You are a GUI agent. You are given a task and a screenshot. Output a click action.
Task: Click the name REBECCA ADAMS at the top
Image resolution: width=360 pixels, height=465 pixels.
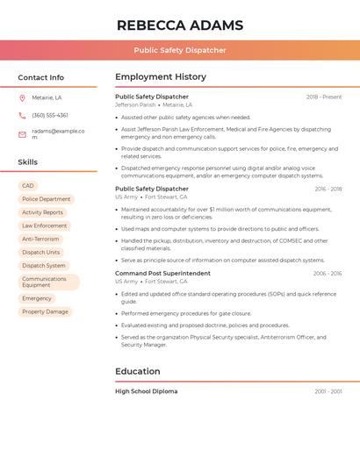[x=180, y=25]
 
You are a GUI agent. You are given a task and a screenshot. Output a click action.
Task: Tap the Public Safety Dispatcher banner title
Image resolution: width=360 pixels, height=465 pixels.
[x=180, y=50]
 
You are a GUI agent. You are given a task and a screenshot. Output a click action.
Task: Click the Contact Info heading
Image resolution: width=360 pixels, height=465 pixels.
[x=40, y=77]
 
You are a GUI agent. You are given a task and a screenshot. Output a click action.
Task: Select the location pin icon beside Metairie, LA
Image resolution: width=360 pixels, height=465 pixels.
[x=22, y=98]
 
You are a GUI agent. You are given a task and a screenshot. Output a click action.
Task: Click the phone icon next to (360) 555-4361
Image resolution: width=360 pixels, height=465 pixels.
[x=22, y=115]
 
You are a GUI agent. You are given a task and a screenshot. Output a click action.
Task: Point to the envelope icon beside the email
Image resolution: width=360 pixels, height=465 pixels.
[x=22, y=133]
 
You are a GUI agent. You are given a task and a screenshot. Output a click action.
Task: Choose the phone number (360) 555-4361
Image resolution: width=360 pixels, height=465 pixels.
[x=50, y=115]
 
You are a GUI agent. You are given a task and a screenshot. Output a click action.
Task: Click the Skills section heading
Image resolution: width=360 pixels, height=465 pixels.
[x=28, y=162]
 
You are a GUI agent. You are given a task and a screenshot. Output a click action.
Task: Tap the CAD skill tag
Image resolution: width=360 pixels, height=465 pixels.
[x=28, y=186]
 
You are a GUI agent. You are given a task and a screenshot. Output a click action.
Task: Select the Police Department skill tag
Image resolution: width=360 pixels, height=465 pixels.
[x=46, y=199]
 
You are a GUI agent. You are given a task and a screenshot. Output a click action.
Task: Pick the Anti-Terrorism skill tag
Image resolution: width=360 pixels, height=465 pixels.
[x=40, y=239]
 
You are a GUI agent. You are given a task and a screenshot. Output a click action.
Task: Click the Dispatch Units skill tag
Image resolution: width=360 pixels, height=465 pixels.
[x=41, y=252]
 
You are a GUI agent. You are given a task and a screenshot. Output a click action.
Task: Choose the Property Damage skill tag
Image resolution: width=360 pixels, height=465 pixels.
[x=45, y=311]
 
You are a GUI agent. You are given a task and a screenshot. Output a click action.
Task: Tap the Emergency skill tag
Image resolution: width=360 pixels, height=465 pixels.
[x=37, y=298]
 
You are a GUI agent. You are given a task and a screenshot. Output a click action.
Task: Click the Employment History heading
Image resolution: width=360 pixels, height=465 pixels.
[x=161, y=77]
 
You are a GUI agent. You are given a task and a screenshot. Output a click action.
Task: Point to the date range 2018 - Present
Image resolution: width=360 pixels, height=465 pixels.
[x=324, y=97]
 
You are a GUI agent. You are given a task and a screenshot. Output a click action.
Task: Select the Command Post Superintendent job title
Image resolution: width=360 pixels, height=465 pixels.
[x=162, y=273]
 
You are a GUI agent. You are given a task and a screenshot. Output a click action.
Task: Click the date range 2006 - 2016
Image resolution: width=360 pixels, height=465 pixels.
[x=328, y=273]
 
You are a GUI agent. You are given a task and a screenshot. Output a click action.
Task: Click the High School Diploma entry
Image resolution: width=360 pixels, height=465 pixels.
[x=146, y=391]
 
